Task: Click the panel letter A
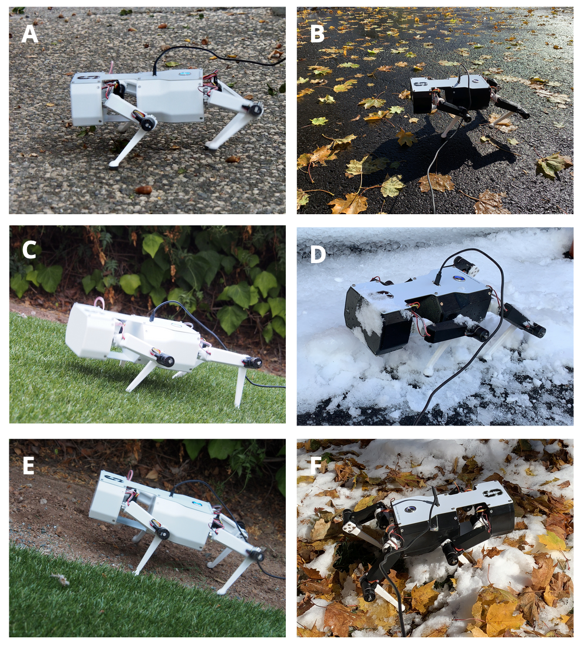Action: click(29, 34)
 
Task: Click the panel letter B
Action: click(317, 34)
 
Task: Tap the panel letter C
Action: click(29, 250)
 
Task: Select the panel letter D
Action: click(318, 254)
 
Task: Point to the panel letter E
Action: click(28, 466)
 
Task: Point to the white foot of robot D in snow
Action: click(428, 373)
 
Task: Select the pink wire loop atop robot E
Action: click(131, 476)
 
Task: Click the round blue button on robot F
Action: click(411, 508)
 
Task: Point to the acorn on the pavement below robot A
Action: click(143, 189)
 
